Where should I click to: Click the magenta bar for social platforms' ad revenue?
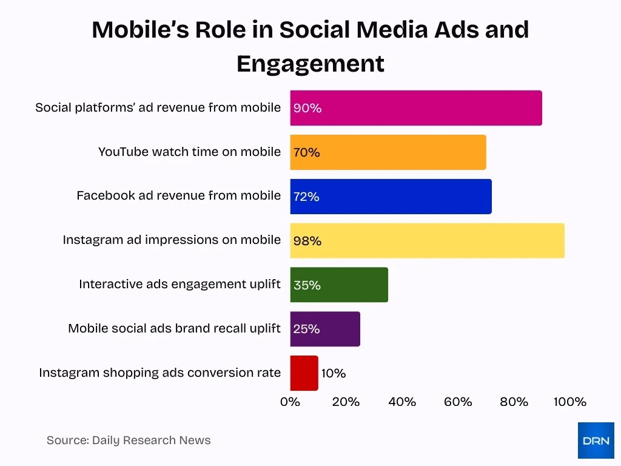click(x=416, y=108)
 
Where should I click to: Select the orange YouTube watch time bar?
click(x=388, y=152)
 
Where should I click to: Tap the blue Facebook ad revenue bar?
click(x=391, y=197)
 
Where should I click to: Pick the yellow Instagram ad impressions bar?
click(x=427, y=241)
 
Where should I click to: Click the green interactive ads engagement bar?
click(x=339, y=285)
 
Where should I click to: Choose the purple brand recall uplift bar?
click(x=325, y=329)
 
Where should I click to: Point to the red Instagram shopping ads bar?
click(x=304, y=373)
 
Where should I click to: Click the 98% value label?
click(x=307, y=241)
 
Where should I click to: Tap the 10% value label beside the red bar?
click(x=334, y=374)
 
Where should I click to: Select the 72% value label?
click(x=306, y=197)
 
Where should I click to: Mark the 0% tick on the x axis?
click(x=290, y=402)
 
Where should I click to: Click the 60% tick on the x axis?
click(x=458, y=402)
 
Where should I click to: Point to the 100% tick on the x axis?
click(x=570, y=402)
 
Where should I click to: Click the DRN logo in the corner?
click(x=596, y=441)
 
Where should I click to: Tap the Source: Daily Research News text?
click(x=129, y=441)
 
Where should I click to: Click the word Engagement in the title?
click(x=310, y=64)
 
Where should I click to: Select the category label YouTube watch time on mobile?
click(x=189, y=152)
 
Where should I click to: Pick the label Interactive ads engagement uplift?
click(x=180, y=284)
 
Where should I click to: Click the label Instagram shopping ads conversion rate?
click(x=159, y=373)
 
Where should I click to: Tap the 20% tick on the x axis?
click(x=346, y=402)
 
